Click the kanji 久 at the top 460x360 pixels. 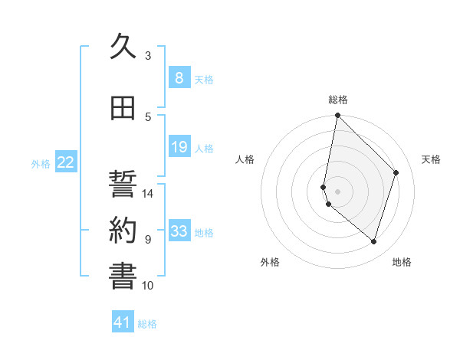(123, 47)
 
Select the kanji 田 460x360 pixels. (123, 109)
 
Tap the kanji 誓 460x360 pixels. (123, 185)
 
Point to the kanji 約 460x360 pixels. (123, 231)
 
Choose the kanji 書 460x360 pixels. (123, 277)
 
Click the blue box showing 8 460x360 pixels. (179, 78)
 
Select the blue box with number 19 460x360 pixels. (179, 147)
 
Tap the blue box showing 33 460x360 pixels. (179, 231)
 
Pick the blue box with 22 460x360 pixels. (65, 162)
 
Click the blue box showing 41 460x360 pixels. (123, 323)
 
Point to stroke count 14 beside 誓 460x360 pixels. (149, 194)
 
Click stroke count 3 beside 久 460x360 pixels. (148, 55)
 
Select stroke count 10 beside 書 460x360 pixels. (149, 286)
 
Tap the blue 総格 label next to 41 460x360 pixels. (147, 324)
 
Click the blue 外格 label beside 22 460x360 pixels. (40, 163)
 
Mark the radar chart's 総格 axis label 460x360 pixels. (338, 100)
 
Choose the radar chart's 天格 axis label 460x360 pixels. (432, 159)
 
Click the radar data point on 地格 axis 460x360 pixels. (373, 241)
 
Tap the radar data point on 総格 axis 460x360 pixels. (337, 116)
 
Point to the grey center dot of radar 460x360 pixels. (338, 190)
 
